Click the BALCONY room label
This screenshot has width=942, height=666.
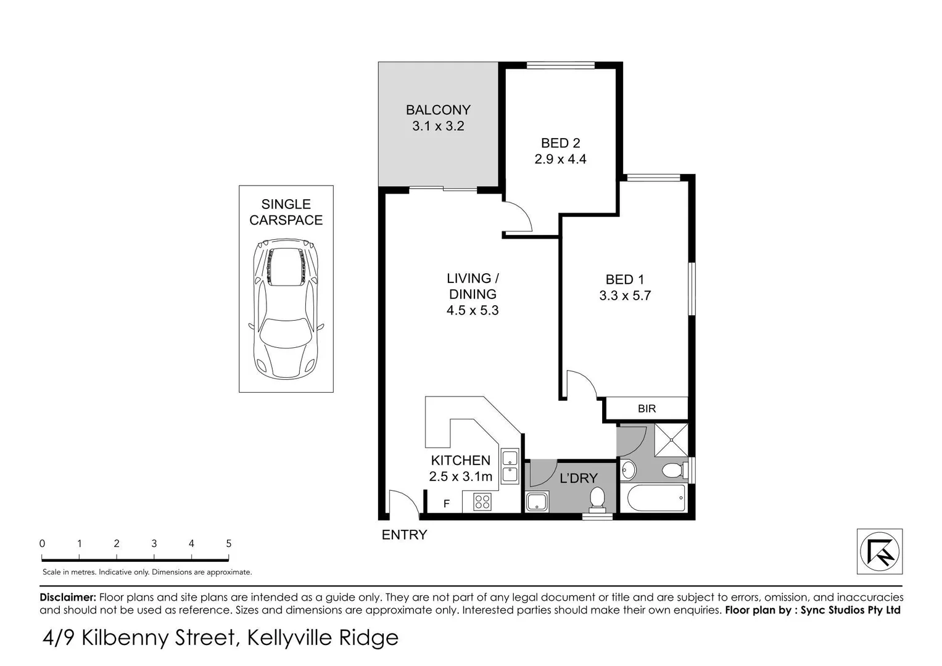point(438,110)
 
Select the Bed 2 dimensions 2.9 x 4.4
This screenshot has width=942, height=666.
point(560,159)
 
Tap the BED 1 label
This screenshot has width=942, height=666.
point(624,279)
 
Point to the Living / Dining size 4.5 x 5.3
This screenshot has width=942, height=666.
point(473,310)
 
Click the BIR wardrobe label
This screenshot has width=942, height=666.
point(647,409)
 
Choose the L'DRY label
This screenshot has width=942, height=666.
point(578,478)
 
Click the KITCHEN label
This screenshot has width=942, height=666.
point(460,460)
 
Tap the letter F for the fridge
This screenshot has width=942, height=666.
point(447,504)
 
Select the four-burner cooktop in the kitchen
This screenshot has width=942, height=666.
point(482,502)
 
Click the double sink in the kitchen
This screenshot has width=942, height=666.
point(510,466)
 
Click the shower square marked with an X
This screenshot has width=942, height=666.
point(671,439)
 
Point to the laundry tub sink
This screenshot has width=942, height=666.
point(537,501)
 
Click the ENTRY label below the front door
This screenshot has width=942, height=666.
point(404,535)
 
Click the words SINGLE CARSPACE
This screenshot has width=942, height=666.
point(286,212)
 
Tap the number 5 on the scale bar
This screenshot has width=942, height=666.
point(229,543)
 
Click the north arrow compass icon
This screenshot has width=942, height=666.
point(879,551)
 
